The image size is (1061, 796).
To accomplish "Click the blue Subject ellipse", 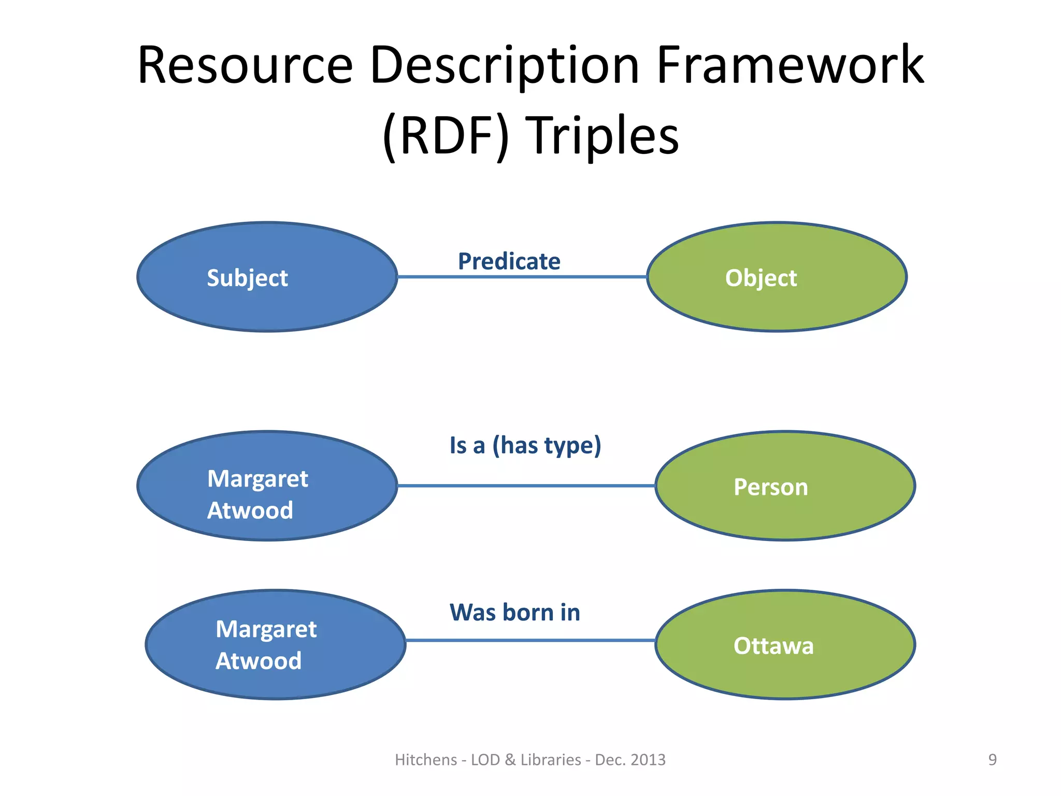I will pyautogui.click(x=267, y=277).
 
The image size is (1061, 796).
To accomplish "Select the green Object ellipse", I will pyautogui.click(x=777, y=277).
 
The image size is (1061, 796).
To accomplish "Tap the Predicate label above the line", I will pyautogui.click(x=509, y=261).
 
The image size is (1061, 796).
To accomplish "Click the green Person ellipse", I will pyautogui.click(x=785, y=486).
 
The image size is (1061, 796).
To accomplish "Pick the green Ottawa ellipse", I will pyautogui.click(x=785, y=645).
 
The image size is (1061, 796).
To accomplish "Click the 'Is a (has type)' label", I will pyautogui.click(x=525, y=446).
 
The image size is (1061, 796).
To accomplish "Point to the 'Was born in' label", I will pyautogui.click(x=514, y=613).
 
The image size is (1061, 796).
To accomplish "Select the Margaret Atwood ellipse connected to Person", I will pyautogui.click(x=267, y=486).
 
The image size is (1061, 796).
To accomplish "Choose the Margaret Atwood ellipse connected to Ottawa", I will pyautogui.click(x=275, y=645).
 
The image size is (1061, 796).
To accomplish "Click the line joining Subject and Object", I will pyautogui.click(x=522, y=277).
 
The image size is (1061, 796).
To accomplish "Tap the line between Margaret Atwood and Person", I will pyautogui.click(x=526, y=486).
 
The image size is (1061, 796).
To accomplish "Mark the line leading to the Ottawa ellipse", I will pyautogui.click(x=530, y=641).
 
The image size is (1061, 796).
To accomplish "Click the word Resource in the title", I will pyautogui.click(x=245, y=66).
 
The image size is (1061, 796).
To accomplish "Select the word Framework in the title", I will pyautogui.click(x=790, y=66).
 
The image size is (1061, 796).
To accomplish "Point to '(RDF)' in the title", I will pyautogui.click(x=446, y=136).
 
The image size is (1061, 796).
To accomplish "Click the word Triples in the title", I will pyautogui.click(x=602, y=136).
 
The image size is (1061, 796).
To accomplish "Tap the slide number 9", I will pyautogui.click(x=992, y=760).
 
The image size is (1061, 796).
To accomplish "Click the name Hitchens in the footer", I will pyautogui.click(x=426, y=760).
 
